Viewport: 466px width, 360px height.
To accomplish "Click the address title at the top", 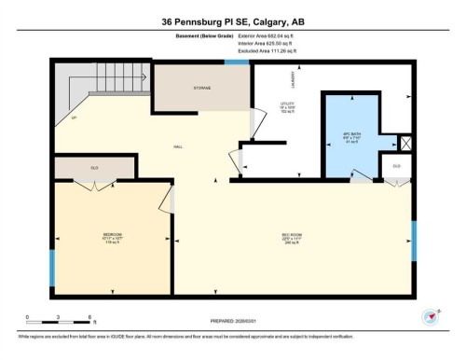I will click(232, 19).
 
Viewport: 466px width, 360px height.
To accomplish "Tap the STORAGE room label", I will click(201, 89).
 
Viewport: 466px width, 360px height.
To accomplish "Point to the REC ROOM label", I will click(292, 235).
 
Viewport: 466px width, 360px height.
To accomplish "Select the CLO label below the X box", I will click(396, 166).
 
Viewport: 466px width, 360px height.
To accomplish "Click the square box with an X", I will click(404, 144).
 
